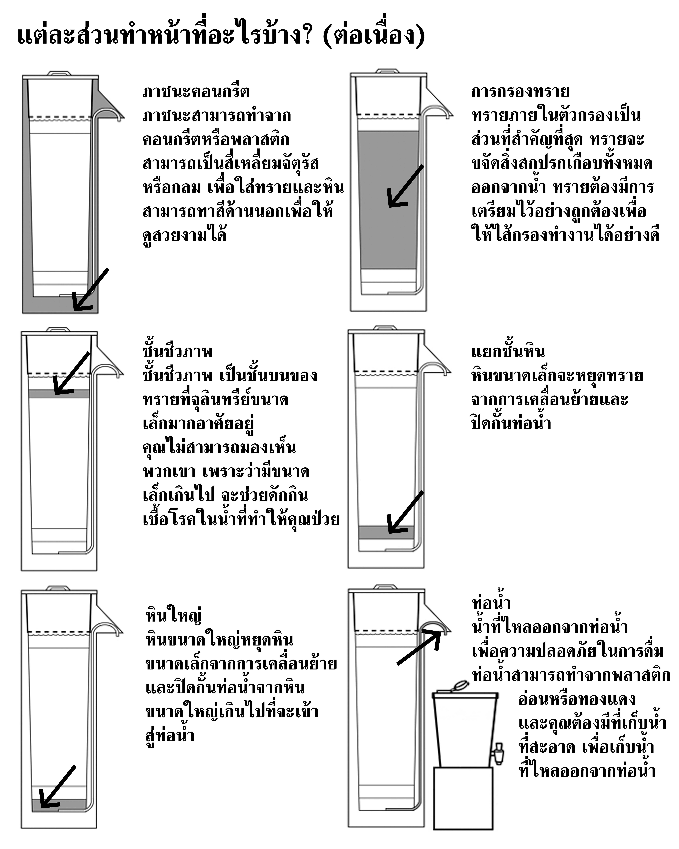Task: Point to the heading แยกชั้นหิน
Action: tap(508, 352)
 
